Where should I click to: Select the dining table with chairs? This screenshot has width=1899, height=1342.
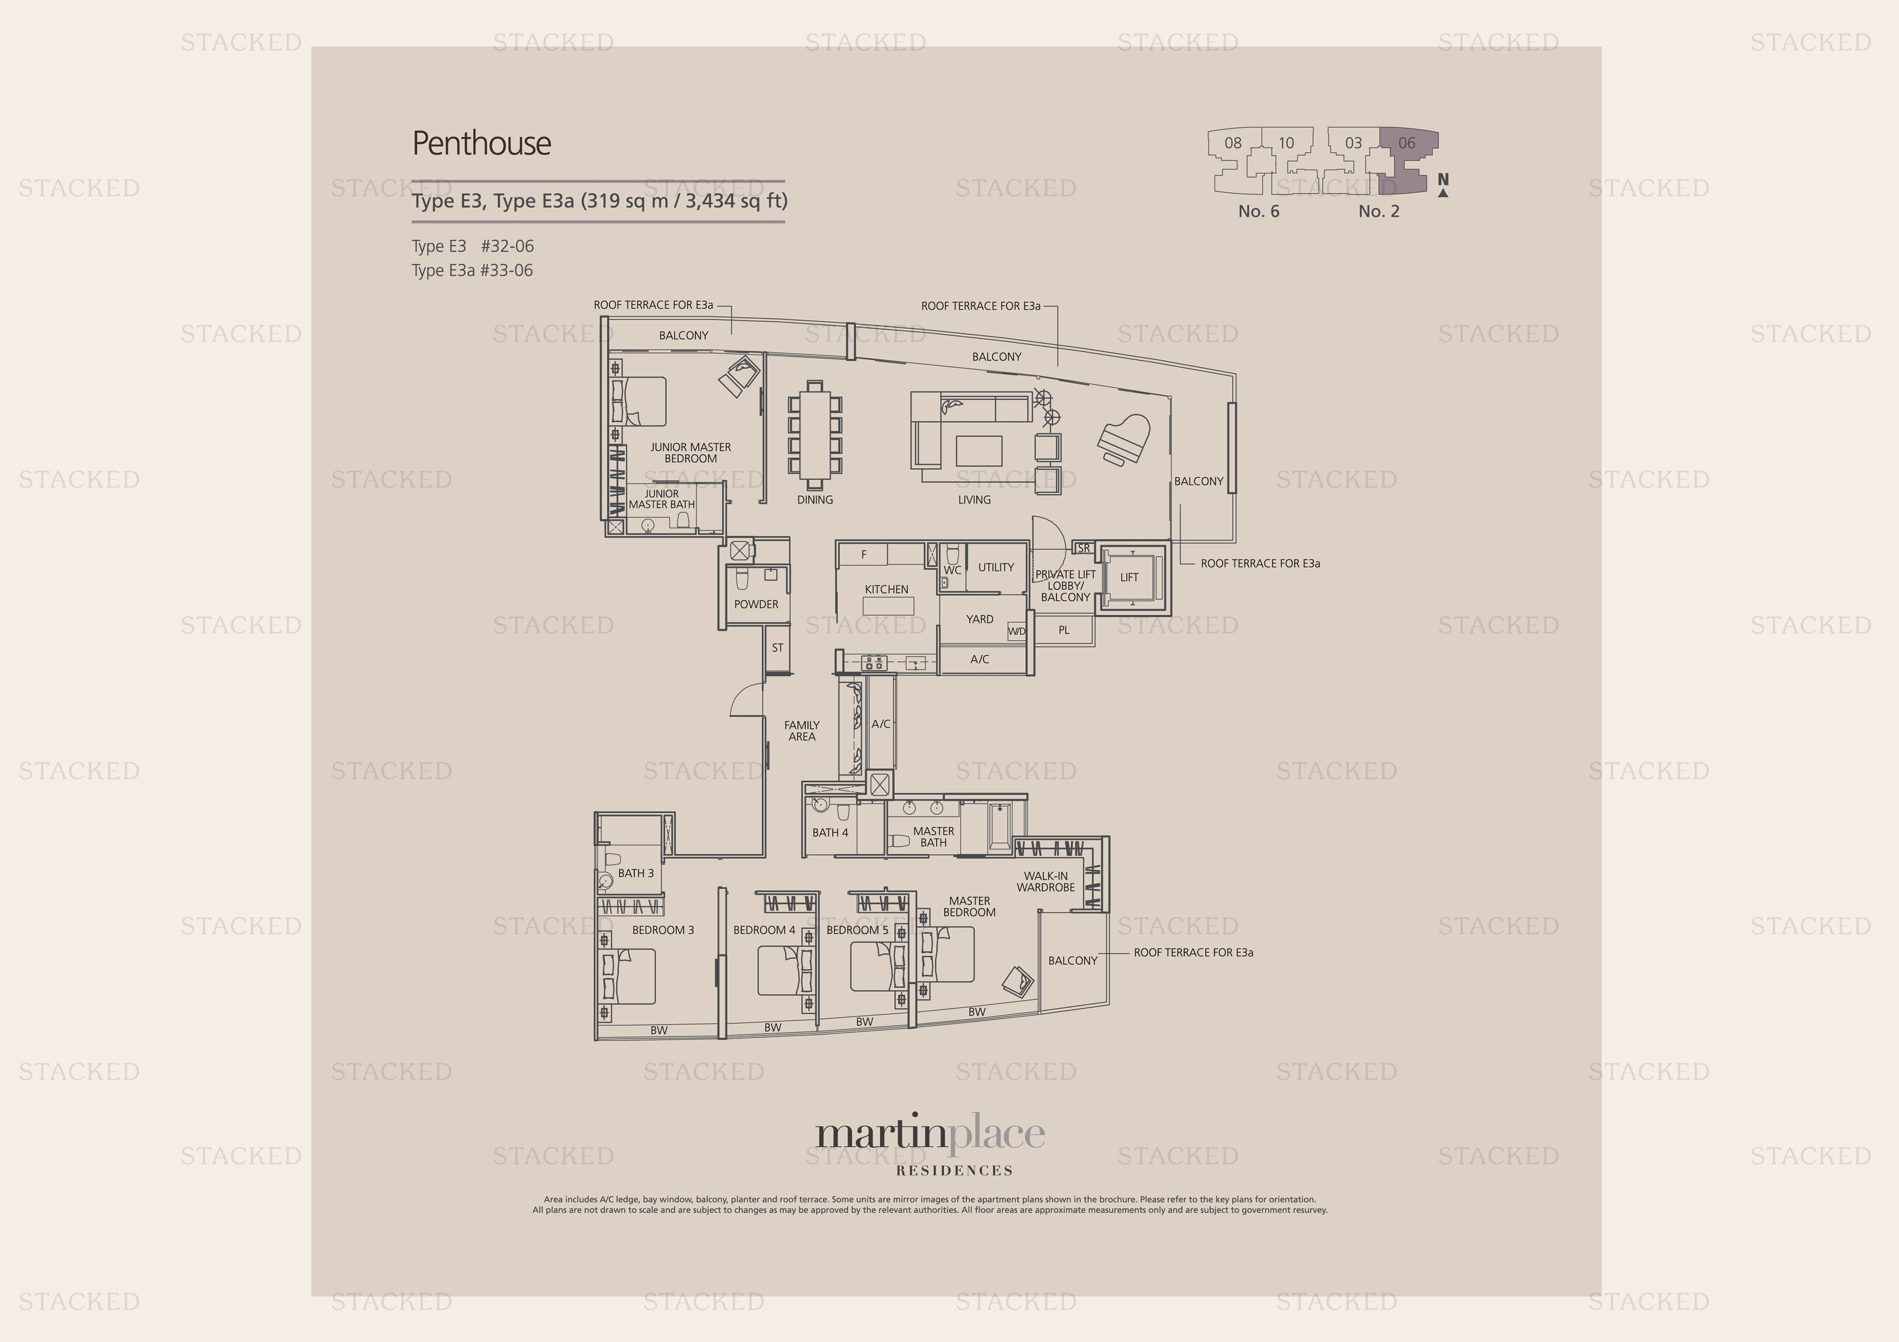(815, 435)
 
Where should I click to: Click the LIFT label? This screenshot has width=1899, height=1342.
(1129, 577)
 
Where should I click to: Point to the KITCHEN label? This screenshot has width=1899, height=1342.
(886, 589)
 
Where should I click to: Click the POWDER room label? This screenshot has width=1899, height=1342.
(756, 603)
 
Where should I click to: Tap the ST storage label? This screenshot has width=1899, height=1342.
(777, 647)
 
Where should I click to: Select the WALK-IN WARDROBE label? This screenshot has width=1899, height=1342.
(1045, 881)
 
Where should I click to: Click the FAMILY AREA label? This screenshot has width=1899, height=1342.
(802, 730)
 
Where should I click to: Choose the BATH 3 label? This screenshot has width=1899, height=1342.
(635, 872)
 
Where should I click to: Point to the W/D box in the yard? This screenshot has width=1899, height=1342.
(1017, 631)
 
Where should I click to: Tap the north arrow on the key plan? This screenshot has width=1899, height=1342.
(1443, 186)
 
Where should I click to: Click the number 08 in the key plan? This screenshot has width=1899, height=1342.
(1233, 143)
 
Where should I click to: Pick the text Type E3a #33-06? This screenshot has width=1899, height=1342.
(472, 271)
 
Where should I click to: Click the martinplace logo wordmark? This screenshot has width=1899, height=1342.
(929, 1134)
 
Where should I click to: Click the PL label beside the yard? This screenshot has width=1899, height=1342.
(1064, 629)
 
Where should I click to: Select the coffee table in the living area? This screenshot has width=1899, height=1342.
(978, 451)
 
